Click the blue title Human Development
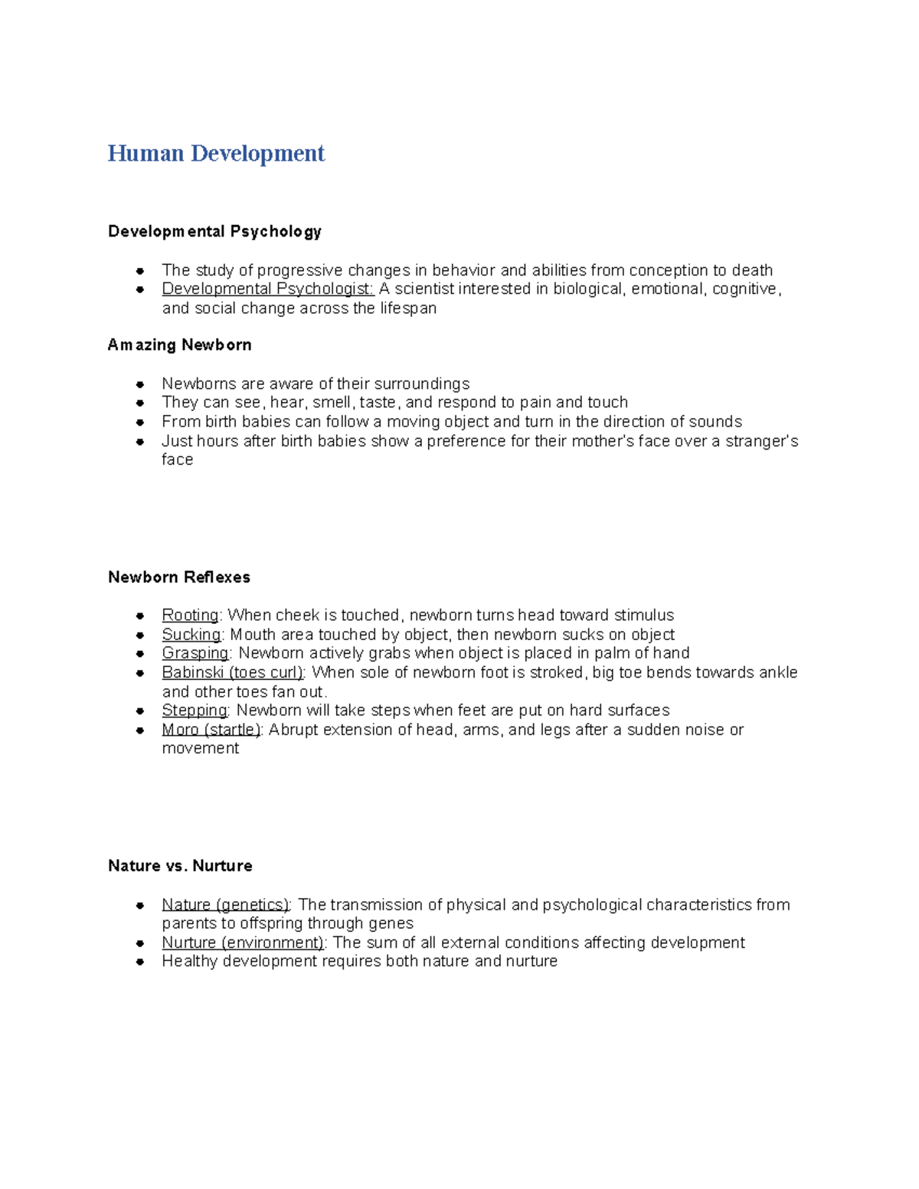(x=216, y=153)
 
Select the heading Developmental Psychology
(x=214, y=231)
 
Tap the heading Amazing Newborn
(x=180, y=345)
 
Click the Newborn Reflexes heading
(x=179, y=577)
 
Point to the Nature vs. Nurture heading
(x=180, y=865)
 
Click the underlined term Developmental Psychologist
(x=267, y=289)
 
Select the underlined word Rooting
(x=190, y=616)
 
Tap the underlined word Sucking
(x=191, y=635)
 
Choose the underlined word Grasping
(x=195, y=653)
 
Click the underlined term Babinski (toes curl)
(x=233, y=672)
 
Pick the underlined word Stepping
(x=195, y=710)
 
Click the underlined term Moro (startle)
(x=211, y=730)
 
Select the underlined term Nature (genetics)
(x=225, y=905)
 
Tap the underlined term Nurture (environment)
(x=243, y=942)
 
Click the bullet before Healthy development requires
(x=140, y=962)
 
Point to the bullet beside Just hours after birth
(x=140, y=442)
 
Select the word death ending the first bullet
(x=752, y=270)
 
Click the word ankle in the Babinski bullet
(x=777, y=672)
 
